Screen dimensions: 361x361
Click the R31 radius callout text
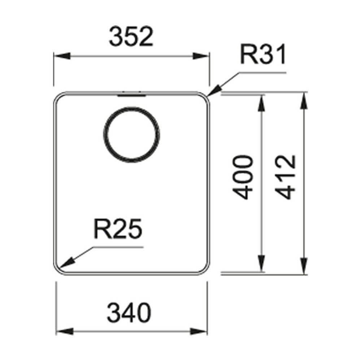tap(263, 55)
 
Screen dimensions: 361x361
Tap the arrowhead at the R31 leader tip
tap(216, 90)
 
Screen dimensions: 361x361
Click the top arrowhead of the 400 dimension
tap(261, 103)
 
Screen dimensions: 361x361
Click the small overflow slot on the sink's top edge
tap(131, 95)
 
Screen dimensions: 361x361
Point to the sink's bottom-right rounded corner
tap(204, 268)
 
